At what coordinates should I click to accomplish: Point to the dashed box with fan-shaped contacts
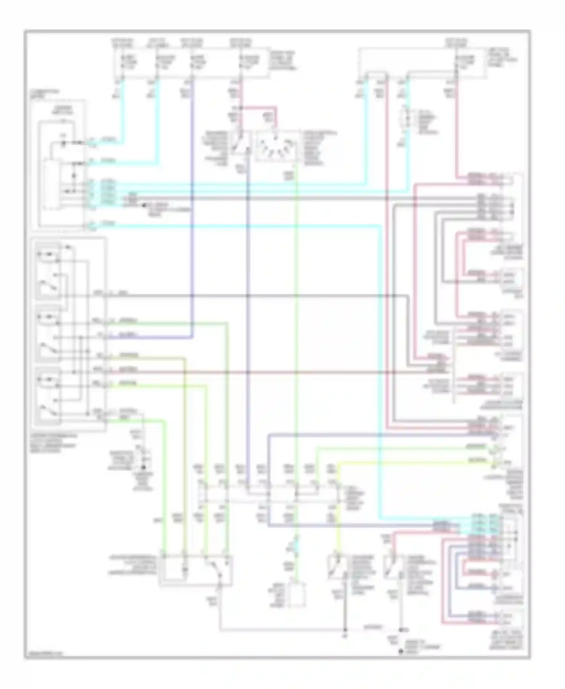pos(278,146)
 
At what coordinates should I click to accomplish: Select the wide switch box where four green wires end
pos(196,570)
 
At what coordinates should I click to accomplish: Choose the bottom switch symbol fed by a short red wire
pos(392,568)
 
